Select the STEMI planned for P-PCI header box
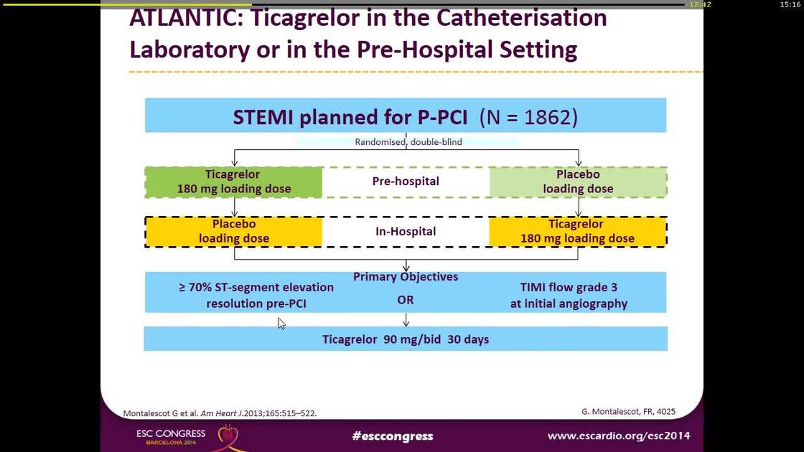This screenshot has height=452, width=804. coord(405,116)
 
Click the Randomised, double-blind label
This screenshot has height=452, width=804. coord(408,142)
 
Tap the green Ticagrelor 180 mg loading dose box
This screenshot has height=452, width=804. coord(233,182)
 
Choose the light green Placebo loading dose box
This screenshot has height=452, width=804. coord(578,182)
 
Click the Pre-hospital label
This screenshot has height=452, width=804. coord(406,182)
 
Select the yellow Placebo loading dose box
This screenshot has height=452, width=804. coord(233,232)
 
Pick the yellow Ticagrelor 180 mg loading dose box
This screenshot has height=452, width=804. coord(577,232)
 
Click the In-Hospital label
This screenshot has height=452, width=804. coord(406,232)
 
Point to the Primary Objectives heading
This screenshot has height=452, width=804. coord(406,277)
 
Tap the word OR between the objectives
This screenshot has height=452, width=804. coord(406,300)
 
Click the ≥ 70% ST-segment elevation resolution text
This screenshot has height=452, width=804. coord(256,295)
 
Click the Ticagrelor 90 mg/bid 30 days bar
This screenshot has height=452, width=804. coord(406,339)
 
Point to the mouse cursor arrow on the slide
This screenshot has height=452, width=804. coord(281,323)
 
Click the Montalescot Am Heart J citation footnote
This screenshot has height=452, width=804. coord(220,413)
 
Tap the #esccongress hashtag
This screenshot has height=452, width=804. coord(393,436)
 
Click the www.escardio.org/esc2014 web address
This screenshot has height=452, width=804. coord(618,436)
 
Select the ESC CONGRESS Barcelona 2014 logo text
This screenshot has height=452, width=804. coord(171,436)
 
